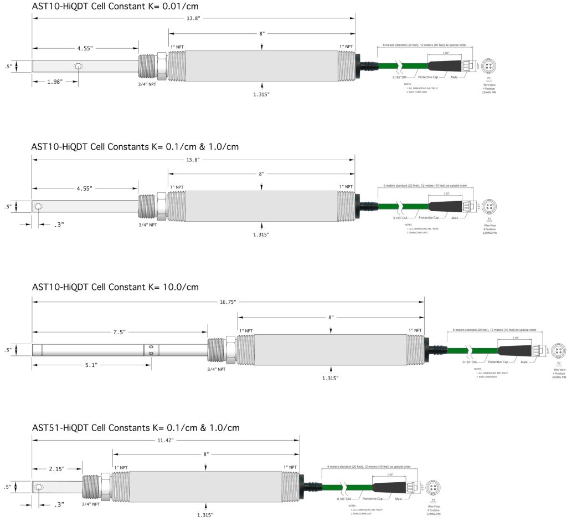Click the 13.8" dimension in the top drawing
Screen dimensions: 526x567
(192, 19)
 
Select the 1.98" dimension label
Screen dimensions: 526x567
(54, 81)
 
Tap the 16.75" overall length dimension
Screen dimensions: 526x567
(228, 302)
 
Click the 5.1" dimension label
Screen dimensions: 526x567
(91, 365)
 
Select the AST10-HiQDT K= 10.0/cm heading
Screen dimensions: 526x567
(115, 287)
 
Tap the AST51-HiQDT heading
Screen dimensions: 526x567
(136, 427)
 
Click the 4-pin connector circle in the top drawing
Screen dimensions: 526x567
(488, 66)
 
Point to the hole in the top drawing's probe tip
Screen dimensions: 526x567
(79, 67)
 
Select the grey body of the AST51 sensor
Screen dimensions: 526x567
(205, 486)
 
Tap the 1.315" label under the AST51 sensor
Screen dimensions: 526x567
(205, 515)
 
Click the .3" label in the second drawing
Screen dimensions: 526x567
(59, 224)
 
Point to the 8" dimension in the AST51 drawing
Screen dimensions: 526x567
(206, 454)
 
